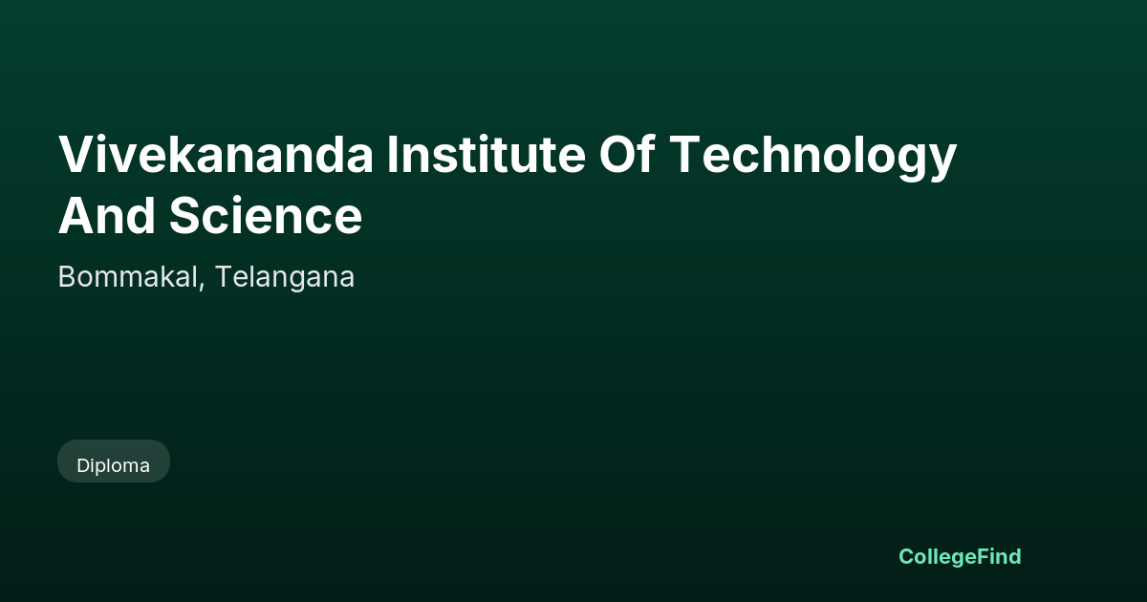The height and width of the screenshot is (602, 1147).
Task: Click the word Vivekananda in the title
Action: click(216, 155)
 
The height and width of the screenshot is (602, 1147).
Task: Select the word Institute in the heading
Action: click(486, 154)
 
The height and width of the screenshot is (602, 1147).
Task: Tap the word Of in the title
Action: click(627, 154)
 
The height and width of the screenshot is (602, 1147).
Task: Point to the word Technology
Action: click(813, 157)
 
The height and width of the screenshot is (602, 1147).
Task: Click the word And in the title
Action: click(107, 216)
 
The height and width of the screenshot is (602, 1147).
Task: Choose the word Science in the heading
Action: click(266, 216)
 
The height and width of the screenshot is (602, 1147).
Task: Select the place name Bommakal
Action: click(128, 277)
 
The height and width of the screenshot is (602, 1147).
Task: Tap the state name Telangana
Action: click(285, 278)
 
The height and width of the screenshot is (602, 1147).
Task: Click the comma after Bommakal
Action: click(202, 288)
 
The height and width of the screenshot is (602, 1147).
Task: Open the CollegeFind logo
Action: click(960, 557)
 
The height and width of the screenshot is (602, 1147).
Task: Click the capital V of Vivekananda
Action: click(77, 155)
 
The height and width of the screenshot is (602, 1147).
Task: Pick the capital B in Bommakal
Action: click(67, 277)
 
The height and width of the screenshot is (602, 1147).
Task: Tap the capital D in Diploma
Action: click(83, 466)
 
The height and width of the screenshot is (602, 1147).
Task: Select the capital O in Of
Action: click(618, 155)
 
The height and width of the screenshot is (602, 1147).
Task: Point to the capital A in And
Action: click(77, 216)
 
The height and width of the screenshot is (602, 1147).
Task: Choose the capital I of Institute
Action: click(392, 155)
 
